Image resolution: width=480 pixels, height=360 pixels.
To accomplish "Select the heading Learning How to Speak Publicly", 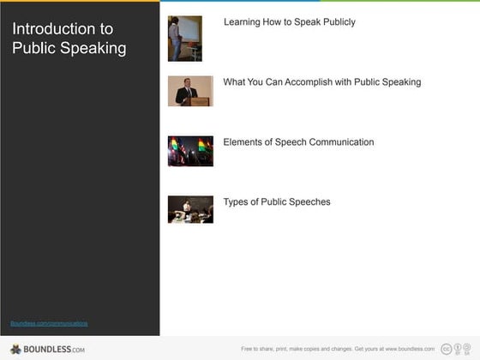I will pos(289,22).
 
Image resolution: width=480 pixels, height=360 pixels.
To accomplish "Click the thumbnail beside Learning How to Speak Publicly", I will pos(185,39).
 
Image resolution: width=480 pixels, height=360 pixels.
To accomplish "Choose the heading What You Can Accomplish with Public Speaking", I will pos(321,82).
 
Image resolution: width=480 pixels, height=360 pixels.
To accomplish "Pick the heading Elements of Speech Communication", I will pos(298,142).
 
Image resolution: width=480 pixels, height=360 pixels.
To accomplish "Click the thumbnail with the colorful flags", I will pos(190,151).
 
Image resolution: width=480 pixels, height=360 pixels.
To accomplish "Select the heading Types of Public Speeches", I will pos(276,202).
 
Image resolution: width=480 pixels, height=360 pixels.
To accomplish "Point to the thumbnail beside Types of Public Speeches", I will pos(190,210).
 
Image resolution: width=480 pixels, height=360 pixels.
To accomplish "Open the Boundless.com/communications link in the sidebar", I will pos(49,323).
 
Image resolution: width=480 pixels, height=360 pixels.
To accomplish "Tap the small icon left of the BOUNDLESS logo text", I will pos(15,349).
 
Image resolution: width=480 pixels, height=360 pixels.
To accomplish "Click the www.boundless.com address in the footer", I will pos(406,349).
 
